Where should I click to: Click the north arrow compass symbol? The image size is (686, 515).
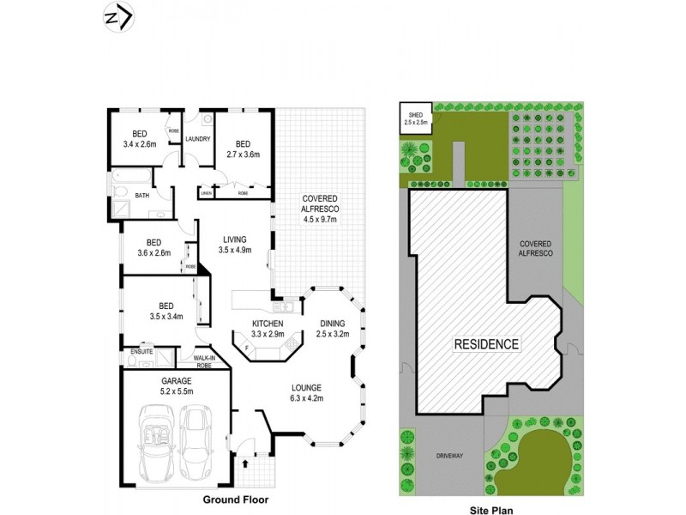(x=117, y=18)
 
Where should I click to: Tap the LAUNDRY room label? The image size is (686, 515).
(x=198, y=139)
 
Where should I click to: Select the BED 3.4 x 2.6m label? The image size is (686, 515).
(x=139, y=138)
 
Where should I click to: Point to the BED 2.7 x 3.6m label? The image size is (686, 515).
(x=243, y=149)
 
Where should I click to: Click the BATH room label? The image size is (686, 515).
(x=141, y=195)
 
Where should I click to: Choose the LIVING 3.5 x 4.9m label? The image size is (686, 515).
(x=234, y=245)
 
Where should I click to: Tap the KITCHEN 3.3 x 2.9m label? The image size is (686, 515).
(x=267, y=328)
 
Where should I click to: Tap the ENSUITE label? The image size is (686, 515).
(x=141, y=352)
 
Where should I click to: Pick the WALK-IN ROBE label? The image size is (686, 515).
(x=204, y=360)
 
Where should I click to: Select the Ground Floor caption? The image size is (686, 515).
(x=235, y=499)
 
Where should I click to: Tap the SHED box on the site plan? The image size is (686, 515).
(x=416, y=118)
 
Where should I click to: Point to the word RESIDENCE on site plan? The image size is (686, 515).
(x=486, y=344)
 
